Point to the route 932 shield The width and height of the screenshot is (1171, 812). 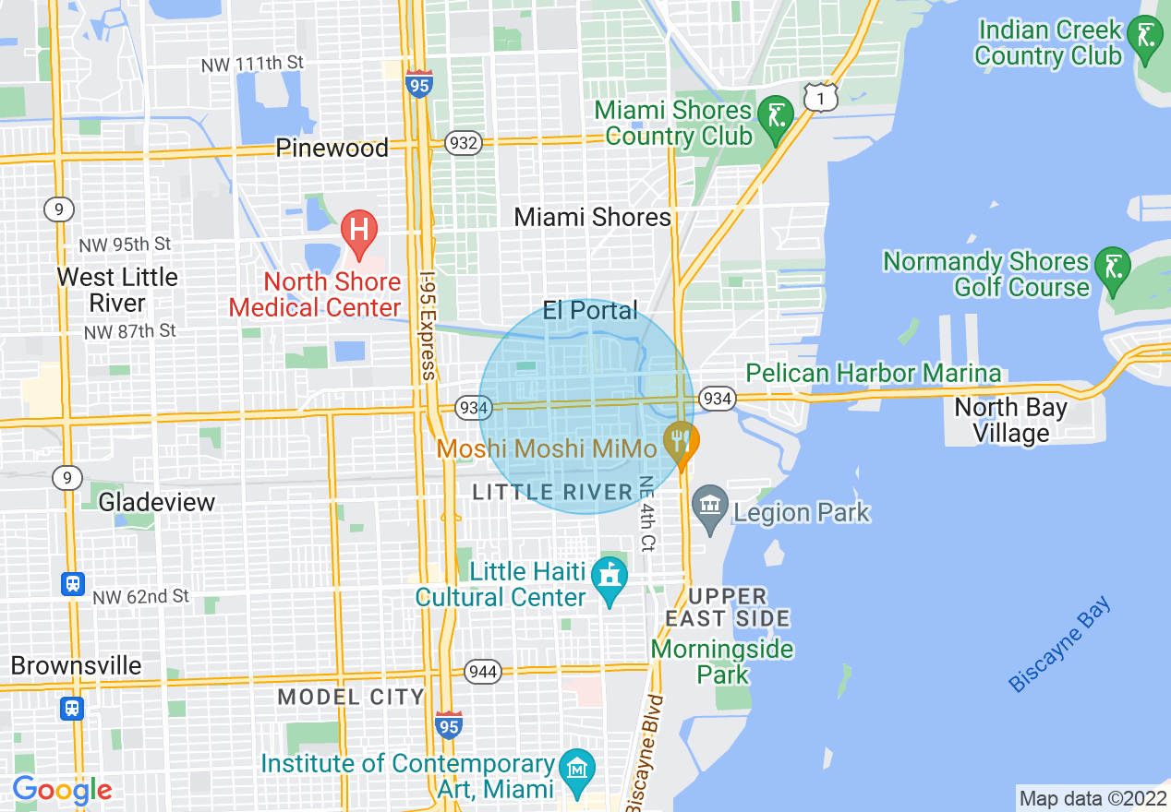462,143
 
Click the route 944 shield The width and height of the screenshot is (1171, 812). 483,671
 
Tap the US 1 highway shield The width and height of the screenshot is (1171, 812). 819,96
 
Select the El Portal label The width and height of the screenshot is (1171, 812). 590,310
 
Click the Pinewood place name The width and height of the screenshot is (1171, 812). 332,149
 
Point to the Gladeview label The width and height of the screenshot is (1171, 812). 157,502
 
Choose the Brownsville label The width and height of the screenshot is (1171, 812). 77,665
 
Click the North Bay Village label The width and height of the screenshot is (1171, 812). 1010,420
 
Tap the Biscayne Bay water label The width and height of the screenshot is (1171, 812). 1060,645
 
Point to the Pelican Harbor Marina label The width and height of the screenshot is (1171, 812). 873,373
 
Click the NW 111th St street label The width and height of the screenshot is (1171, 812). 252,63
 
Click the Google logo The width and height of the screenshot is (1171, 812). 62,790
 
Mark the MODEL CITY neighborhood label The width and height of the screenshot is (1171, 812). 351,697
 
